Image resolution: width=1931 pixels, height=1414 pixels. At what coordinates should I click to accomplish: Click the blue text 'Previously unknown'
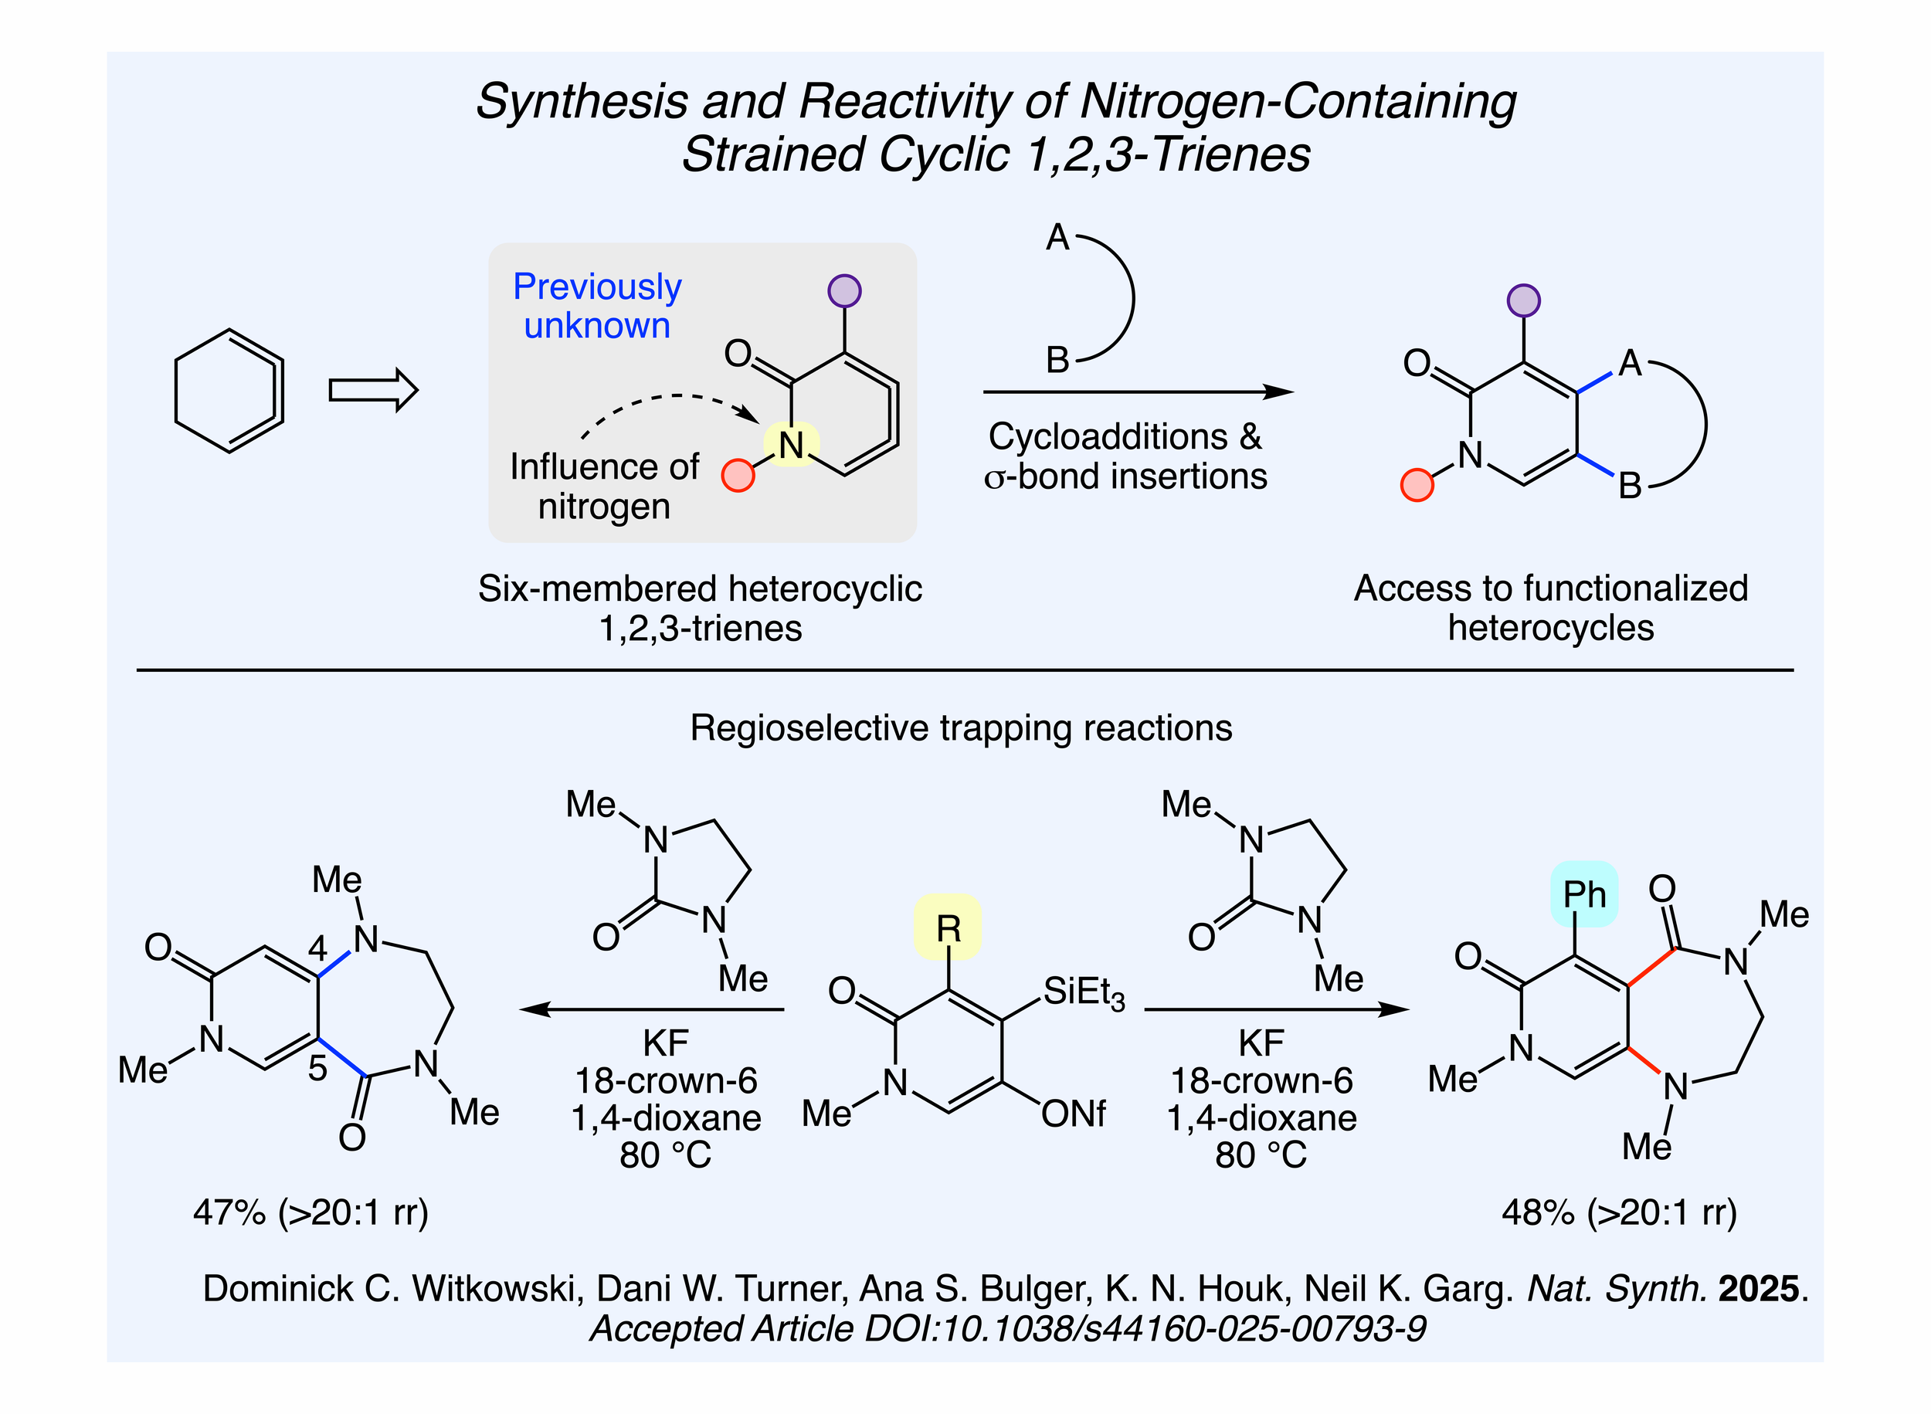pos(596,306)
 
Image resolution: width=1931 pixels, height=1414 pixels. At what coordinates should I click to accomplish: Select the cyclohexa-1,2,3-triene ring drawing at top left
pos(229,390)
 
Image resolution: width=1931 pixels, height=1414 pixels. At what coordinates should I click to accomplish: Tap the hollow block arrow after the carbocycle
pos(373,390)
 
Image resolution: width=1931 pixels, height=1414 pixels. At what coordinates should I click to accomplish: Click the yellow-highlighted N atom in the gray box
pos(791,445)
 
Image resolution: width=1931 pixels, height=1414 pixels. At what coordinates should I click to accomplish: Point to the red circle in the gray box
pos(737,475)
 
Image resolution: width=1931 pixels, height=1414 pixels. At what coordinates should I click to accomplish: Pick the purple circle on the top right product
pos(1522,300)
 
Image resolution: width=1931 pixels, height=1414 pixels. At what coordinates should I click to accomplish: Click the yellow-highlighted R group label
pos(948,927)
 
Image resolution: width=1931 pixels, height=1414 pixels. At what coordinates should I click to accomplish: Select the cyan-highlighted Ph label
pos(1583,894)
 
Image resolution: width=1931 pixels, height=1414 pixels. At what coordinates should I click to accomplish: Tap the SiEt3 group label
pos(1083,993)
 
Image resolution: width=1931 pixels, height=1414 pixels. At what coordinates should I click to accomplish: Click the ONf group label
pos(1074,1114)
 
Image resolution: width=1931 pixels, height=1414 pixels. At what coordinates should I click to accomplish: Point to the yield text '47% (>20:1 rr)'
pos(310,1212)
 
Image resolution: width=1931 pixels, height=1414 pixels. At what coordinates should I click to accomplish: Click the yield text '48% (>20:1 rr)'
pos(1619,1212)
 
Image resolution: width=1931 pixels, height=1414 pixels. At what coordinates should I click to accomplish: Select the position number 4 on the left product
pos(317,948)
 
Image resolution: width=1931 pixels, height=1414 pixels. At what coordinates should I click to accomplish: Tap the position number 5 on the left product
pos(317,1068)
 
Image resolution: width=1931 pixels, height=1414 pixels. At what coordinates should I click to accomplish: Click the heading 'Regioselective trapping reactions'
pos(960,727)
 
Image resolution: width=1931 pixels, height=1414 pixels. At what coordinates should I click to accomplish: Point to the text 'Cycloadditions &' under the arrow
pos(1124,436)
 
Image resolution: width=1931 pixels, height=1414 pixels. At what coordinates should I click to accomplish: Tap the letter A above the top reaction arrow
pos(1057,237)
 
